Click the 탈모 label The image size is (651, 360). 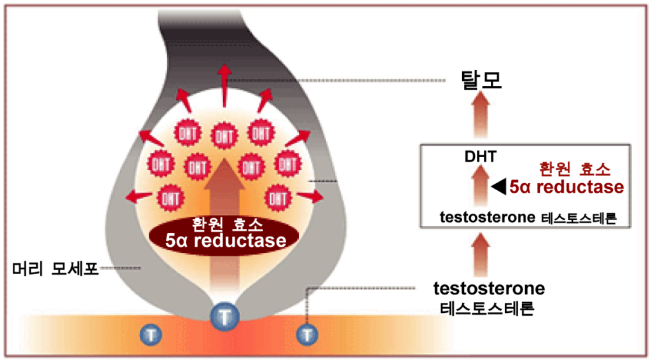point(481,80)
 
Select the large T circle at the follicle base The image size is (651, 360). point(224,314)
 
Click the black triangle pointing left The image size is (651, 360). point(498,186)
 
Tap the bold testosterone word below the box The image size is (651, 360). point(489,288)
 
